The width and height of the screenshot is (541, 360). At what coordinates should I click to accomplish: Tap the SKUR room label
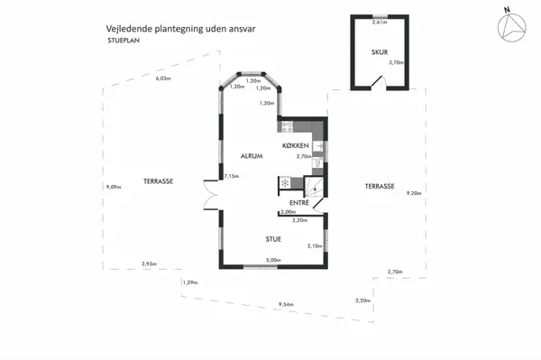pos(379,52)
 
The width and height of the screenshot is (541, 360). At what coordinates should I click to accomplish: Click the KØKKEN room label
pos(296,145)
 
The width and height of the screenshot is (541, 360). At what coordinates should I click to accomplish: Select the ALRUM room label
pos(251,156)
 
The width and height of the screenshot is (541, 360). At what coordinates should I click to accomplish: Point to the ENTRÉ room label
pos(298,203)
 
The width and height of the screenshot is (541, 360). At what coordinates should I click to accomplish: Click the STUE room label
pos(272,239)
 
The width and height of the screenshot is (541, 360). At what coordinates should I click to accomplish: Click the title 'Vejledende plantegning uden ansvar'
pos(181,29)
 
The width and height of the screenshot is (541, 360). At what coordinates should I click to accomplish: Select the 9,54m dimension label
pos(286,304)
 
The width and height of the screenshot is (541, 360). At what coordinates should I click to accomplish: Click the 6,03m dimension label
pos(163,79)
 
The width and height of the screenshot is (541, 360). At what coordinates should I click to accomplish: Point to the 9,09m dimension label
pos(113,187)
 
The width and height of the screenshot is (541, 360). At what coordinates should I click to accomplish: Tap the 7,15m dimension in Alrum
pos(232,176)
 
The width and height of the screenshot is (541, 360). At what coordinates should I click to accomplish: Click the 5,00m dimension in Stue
pos(272,261)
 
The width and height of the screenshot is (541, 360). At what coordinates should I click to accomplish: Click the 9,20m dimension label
pos(414,192)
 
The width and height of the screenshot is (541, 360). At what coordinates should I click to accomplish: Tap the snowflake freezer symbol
pos(285,183)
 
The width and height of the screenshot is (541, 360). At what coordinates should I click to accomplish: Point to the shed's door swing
pos(381,84)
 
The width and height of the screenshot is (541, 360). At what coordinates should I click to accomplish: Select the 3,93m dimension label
pos(149,263)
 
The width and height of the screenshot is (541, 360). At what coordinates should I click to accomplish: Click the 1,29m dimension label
pos(189,282)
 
